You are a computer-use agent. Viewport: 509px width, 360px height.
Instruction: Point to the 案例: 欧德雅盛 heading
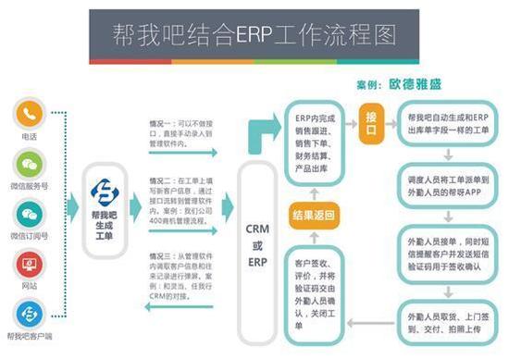tap(398, 84)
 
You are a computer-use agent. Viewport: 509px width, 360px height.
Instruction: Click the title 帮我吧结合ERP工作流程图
tap(254, 34)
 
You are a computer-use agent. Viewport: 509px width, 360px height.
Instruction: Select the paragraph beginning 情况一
tap(181, 132)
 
